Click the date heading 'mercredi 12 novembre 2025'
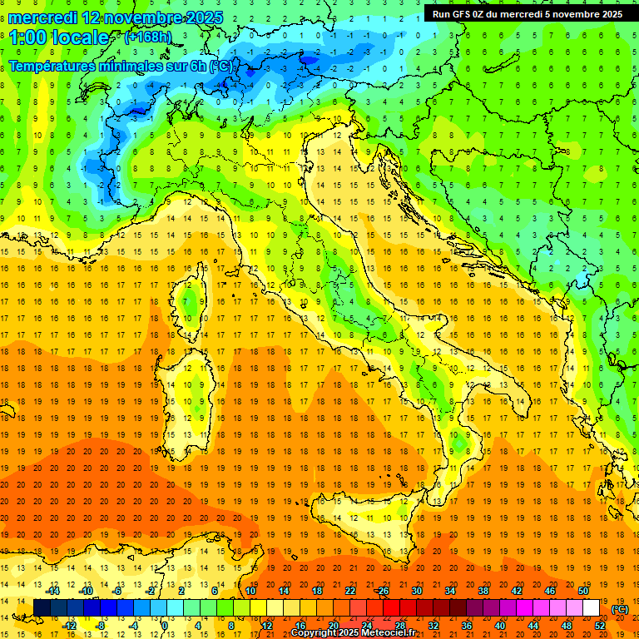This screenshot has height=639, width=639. pos(116,17)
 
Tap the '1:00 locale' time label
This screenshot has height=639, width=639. pos(59,37)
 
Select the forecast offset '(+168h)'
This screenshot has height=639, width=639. pos(148,37)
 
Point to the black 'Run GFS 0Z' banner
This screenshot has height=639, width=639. pos(529,14)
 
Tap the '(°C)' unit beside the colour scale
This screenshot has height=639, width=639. pos(619,609)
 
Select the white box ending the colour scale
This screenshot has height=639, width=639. pos(592,608)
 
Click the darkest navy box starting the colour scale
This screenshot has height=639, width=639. pos(42,608)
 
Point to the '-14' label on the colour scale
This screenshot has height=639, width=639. pos(53,591)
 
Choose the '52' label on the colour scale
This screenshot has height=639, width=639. pos(600,626)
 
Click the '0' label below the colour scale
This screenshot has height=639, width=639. pos(165,626)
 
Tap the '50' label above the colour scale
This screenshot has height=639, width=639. pos(583,591)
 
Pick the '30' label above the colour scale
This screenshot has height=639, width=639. pos(416,591)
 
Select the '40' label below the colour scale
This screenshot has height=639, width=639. pos(499,626)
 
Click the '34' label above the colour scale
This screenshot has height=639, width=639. pos(449,591)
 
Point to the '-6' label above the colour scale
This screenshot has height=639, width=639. pos(118,591)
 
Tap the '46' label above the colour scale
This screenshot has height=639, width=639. pos(550,591)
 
